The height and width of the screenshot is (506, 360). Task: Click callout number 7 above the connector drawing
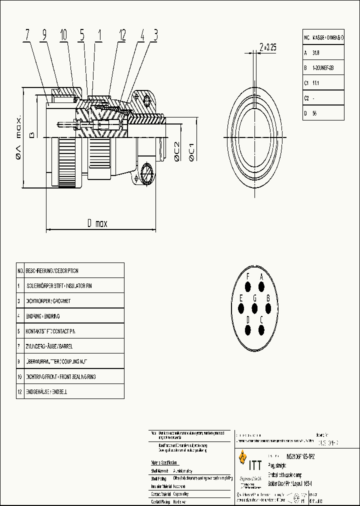[27, 35]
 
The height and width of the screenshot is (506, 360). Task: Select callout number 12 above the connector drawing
[121, 35]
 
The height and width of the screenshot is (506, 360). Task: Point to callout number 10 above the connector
[63, 35]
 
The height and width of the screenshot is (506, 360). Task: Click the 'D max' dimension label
[94, 223]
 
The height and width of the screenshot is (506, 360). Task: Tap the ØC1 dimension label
[191, 151]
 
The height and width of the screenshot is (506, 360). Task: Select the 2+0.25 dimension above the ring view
[267, 47]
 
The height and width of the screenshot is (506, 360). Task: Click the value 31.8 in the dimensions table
[316, 52]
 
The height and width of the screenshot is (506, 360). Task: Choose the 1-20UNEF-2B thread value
[322, 67]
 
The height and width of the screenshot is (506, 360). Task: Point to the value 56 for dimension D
[314, 113]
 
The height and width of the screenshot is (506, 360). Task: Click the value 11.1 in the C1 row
[315, 83]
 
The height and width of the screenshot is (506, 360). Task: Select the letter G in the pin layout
[254, 298]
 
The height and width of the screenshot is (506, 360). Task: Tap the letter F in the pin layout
[248, 276]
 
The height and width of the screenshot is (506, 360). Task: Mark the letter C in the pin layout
[261, 319]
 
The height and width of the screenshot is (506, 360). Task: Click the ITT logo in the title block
[250, 458]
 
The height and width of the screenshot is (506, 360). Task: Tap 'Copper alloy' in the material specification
[184, 493]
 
